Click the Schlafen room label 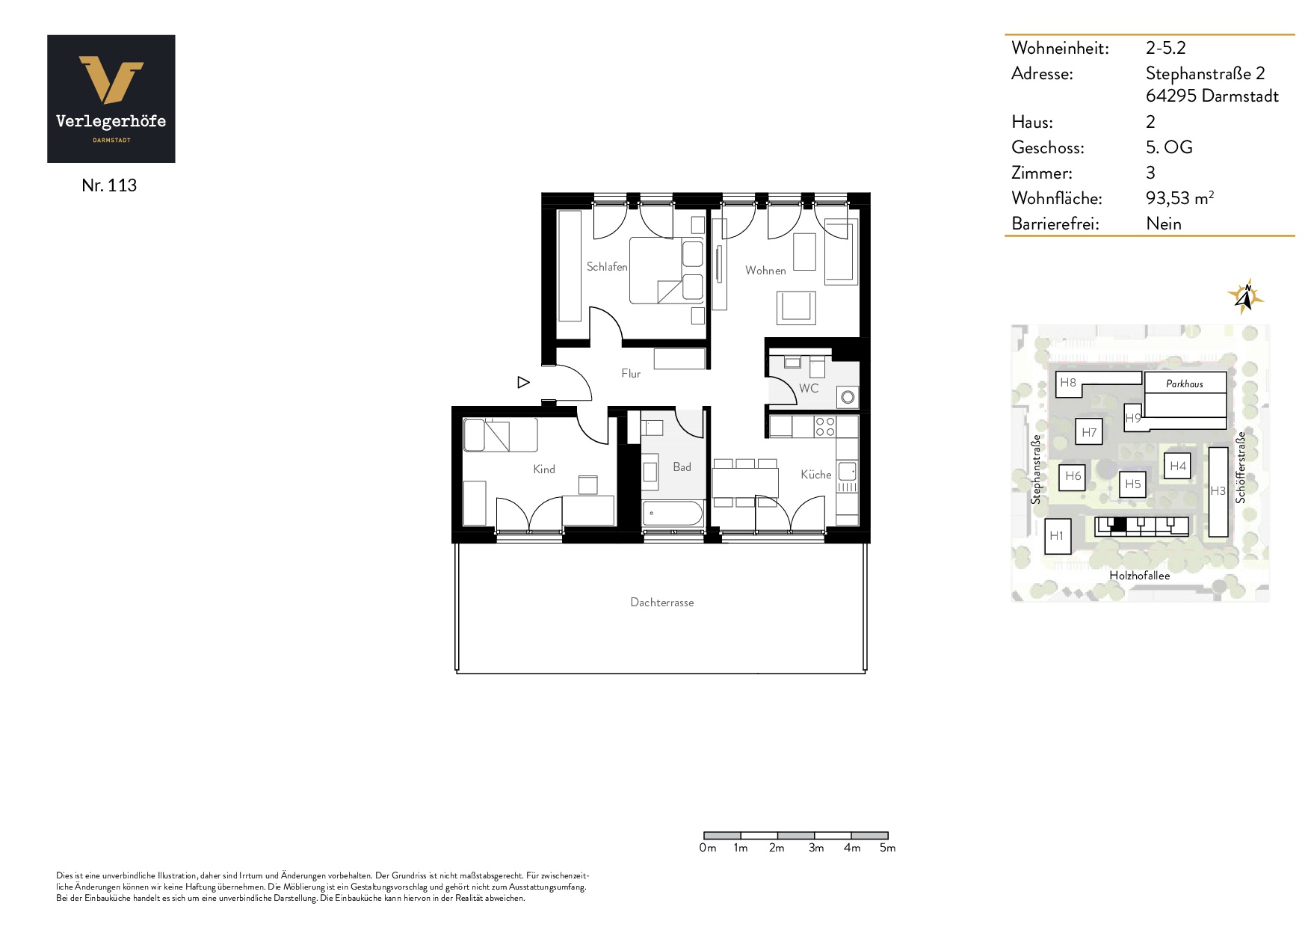point(607,267)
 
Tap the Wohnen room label point(765,271)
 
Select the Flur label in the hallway point(631,374)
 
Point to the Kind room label point(544,469)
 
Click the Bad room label point(682,467)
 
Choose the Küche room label point(815,475)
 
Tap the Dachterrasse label point(661,603)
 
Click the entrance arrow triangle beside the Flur point(523,383)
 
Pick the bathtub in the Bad point(673,514)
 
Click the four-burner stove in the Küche point(825,427)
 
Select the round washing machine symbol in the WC point(848,397)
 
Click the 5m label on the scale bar point(887,848)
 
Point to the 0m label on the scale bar point(707,848)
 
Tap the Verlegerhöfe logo point(111,99)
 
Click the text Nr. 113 point(109,185)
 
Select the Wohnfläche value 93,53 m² point(1179,198)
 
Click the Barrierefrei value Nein point(1164,224)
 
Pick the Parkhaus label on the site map point(1185,384)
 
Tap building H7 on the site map point(1089,432)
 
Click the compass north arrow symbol point(1244,297)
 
